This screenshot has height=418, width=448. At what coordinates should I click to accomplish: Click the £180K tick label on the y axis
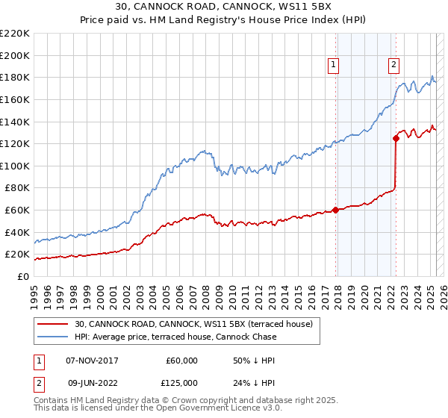(14, 77)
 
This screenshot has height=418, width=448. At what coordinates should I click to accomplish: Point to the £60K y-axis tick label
(16, 210)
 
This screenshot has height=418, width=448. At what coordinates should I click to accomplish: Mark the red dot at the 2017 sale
(335, 210)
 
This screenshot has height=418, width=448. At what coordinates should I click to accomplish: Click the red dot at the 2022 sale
(396, 138)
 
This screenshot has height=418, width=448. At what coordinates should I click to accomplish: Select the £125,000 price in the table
(182, 383)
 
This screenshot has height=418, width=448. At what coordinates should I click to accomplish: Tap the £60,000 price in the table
(182, 361)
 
